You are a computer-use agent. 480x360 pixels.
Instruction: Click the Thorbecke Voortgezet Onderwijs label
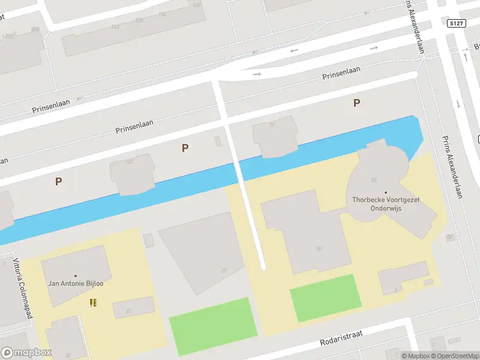tap(385, 203)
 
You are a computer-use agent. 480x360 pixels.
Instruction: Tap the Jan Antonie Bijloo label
tap(75, 283)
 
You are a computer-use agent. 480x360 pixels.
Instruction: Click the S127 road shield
tap(457, 23)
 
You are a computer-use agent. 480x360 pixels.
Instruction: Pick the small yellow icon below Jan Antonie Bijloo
tap(93, 302)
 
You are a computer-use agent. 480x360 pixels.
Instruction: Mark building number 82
tap(374, 179)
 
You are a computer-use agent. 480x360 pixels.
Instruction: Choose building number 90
tap(319, 248)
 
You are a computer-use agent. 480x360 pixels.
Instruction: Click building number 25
tap(224, 270)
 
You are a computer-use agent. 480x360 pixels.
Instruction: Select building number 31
tap(128, 311)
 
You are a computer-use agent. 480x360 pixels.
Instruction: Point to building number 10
tap(272, 125)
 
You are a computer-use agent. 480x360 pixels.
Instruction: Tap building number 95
tap(449, 237)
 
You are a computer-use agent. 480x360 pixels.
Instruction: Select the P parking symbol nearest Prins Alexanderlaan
tap(356, 103)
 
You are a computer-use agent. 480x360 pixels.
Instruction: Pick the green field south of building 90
tap(326, 298)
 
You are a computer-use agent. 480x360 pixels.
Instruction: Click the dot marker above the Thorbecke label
tap(386, 193)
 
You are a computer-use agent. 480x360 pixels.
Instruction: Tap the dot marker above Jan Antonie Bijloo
tap(76, 275)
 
